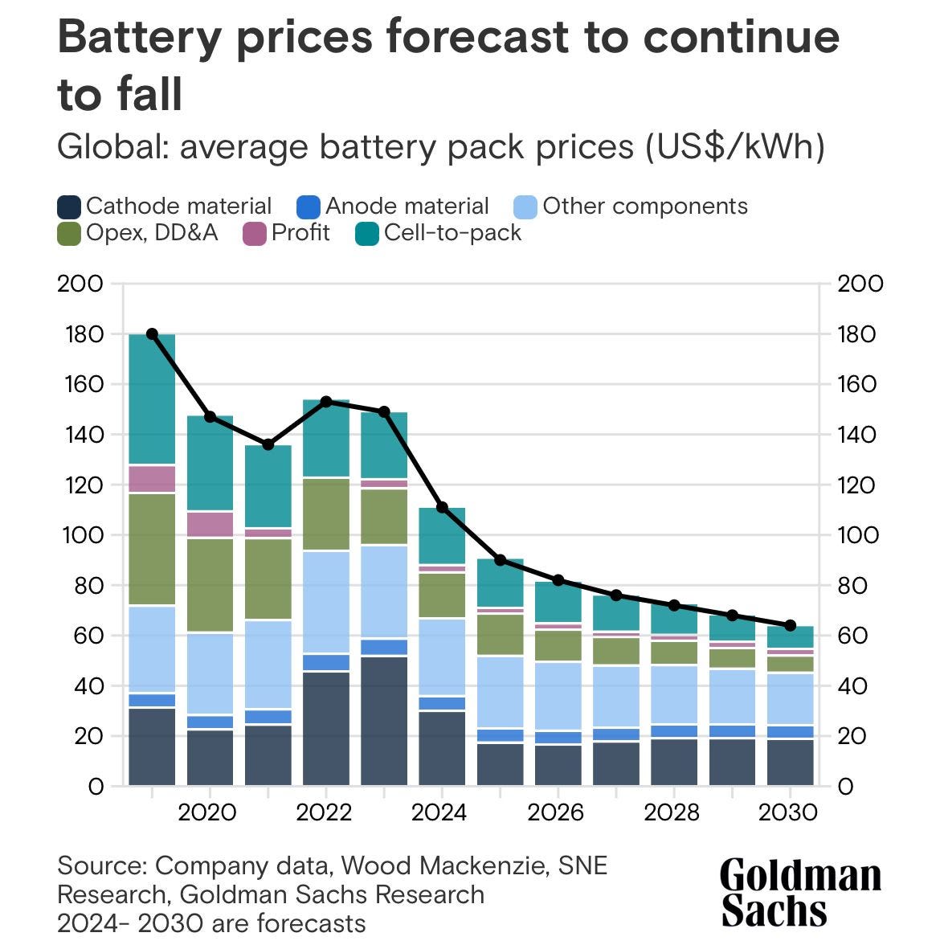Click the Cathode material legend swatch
click(70, 207)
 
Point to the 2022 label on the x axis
click(324, 812)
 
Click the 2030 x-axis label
click(788, 812)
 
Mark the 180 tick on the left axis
click(80, 334)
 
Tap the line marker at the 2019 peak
click(152, 334)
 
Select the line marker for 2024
click(442, 507)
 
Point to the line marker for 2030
click(790, 625)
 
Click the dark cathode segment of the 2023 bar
click(384, 721)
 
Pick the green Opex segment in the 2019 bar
click(152, 549)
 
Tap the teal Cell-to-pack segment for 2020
click(210, 464)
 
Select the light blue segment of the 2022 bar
click(326, 602)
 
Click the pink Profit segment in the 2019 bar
click(152, 479)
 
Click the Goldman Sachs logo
click(799, 892)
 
